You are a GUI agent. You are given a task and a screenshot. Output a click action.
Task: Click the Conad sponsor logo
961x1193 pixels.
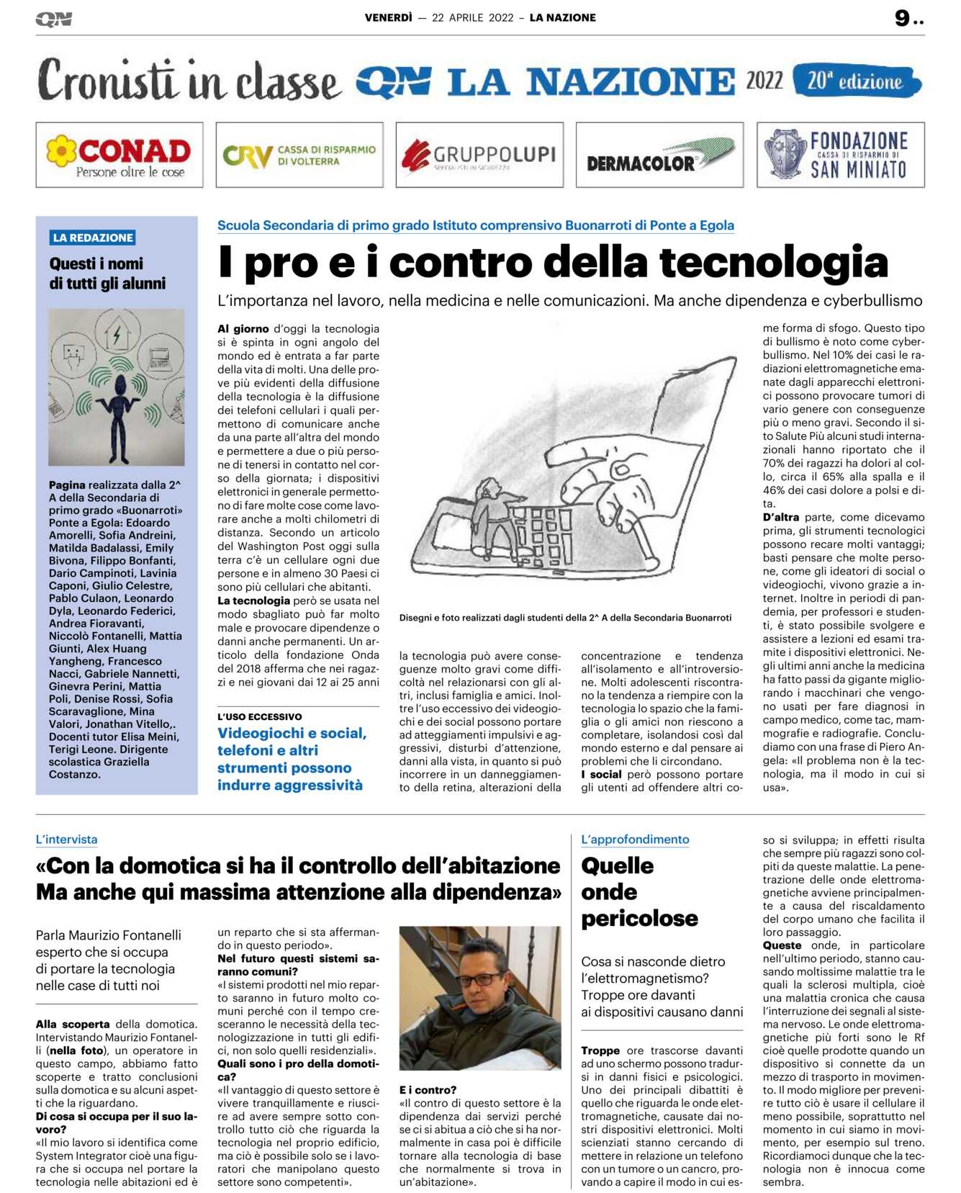coord(119,155)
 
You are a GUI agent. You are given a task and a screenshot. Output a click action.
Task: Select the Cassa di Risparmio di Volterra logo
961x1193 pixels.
coord(299,155)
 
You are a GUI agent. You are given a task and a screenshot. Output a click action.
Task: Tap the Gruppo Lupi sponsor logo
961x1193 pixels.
coord(479,155)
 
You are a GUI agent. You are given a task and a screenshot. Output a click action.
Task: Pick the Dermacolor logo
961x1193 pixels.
coord(659,155)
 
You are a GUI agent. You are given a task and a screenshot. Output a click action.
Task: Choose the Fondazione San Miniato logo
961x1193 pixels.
coord(840,155)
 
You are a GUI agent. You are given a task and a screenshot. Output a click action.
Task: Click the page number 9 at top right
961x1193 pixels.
coord(903,18)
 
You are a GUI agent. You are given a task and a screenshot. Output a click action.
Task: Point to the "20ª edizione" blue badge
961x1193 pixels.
coord(856,81)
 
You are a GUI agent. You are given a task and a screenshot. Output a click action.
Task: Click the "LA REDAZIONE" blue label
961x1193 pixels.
coord(93,238)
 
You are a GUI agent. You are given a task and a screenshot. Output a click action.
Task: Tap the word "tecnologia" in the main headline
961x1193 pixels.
coord(774,262)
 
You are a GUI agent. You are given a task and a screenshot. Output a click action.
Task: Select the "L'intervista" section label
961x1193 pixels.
coord(66,839)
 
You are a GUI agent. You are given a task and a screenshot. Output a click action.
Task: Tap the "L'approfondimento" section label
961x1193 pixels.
coord(635,839)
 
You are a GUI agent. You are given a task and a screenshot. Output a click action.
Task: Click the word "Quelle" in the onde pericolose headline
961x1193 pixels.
coord(618,865)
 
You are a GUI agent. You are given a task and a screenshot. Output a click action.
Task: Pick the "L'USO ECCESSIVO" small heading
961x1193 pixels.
coord(260,717)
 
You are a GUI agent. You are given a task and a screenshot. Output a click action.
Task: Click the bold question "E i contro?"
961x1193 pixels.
coord(428,1090)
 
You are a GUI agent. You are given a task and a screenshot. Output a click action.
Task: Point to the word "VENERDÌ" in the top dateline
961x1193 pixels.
coord(388,18)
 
